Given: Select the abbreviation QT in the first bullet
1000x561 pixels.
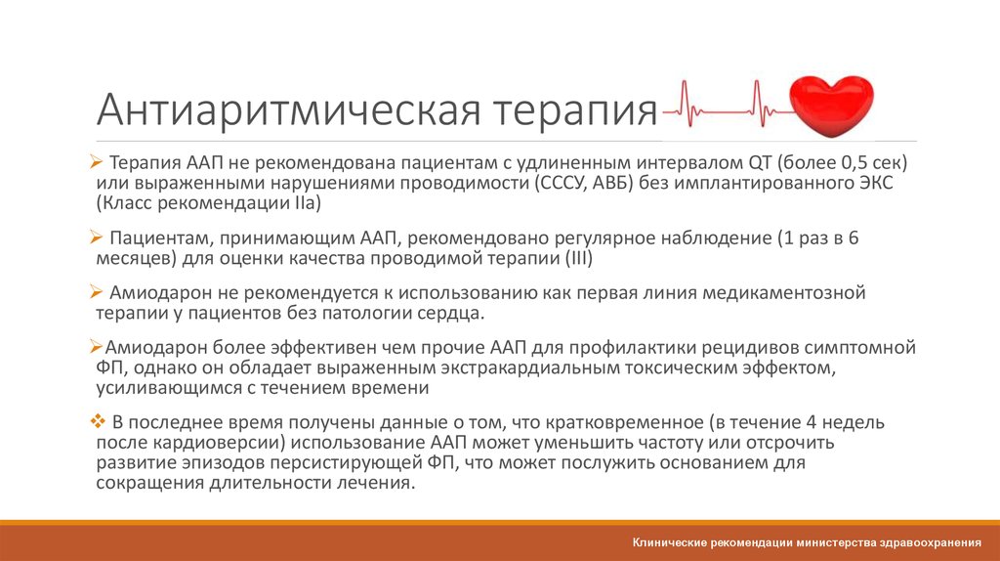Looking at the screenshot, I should pyautogui.click(x=763, y=161).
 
